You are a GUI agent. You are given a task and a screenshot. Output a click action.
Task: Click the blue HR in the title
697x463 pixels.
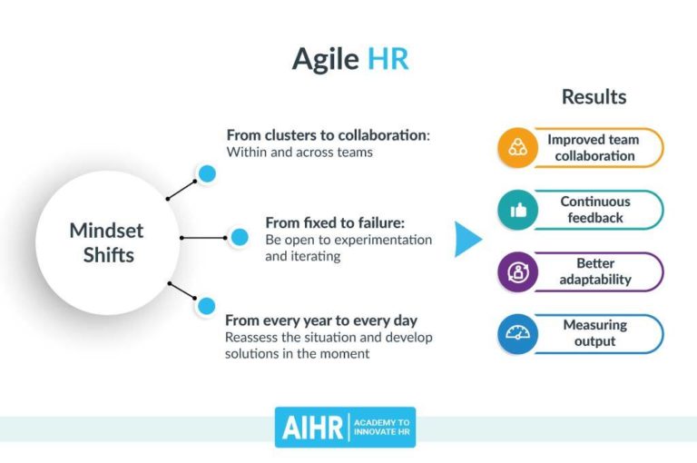[388, 59]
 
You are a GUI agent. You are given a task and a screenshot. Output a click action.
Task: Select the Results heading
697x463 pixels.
[594, 96]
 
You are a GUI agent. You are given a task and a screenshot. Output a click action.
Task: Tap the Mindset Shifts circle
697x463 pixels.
[106, 242]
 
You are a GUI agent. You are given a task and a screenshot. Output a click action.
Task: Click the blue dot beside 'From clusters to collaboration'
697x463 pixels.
[207, 173]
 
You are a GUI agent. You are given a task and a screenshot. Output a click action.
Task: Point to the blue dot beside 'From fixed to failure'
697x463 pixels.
[240, 238]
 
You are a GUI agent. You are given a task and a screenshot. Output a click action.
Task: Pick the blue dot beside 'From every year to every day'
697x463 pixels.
[207, 306]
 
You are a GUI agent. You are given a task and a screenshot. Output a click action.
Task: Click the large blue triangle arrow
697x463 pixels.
[467, 239]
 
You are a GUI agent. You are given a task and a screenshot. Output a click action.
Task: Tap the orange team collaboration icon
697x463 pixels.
[517, 148]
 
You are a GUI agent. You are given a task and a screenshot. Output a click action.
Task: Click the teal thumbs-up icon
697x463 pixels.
[517, 210]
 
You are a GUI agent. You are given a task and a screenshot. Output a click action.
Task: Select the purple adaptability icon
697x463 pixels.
[517, 272]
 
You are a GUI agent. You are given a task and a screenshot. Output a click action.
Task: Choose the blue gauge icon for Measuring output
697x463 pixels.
[517, 334]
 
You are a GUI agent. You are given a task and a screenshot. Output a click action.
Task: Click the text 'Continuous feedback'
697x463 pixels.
[594, 210]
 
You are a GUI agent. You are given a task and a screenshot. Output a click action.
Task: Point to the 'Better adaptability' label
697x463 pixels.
[594, 271]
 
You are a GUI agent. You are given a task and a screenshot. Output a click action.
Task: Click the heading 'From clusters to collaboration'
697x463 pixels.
[328, 135]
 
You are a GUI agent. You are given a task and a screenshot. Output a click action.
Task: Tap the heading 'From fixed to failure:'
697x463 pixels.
[335, 222]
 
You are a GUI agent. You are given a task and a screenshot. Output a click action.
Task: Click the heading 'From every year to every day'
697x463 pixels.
[321, 320]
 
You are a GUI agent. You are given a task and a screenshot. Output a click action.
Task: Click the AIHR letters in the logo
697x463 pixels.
[311, 428]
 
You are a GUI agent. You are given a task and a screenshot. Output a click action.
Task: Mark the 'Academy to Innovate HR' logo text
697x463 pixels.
[381, 428]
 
